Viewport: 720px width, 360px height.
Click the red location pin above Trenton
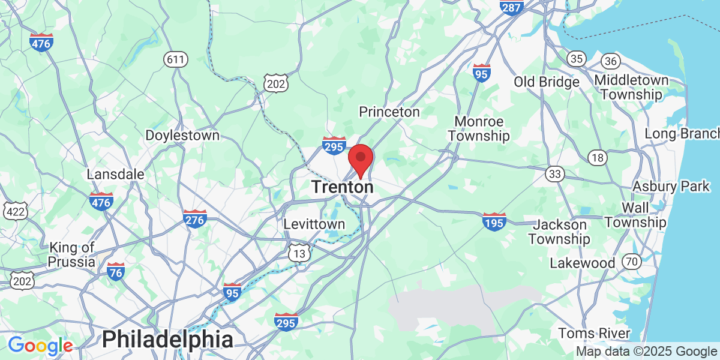[361, 158]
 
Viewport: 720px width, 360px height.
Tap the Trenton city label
[342, 187]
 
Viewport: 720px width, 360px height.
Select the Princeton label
[389, 112]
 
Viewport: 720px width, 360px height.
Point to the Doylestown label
[182, 136]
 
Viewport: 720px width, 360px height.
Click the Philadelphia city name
[167, 340]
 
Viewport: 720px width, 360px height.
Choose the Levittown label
[314, 224]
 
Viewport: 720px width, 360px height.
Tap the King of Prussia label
[72, 254]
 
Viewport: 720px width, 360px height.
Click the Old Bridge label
[547, 82]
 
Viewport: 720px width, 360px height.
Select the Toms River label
[594, 333]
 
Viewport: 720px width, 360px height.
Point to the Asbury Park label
[671, 187]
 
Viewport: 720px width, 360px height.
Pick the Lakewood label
[583, 263]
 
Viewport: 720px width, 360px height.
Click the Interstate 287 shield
[511, 6]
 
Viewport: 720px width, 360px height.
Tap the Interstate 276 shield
[195, 219]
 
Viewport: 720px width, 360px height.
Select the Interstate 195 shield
[494, 221]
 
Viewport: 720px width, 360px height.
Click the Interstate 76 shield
[116, 271]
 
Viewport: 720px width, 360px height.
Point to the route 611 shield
[176, 59]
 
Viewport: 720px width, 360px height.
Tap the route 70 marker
[631, 262]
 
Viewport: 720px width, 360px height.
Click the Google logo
[40, 346]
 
